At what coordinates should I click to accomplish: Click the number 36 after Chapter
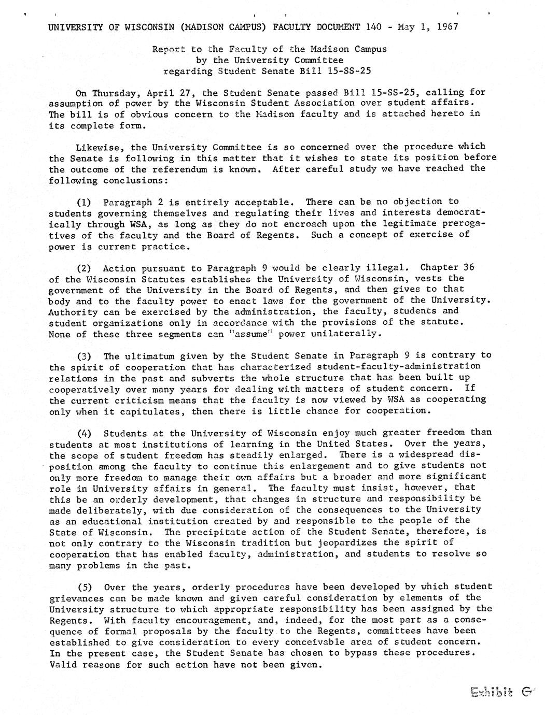tap(468, 268)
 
